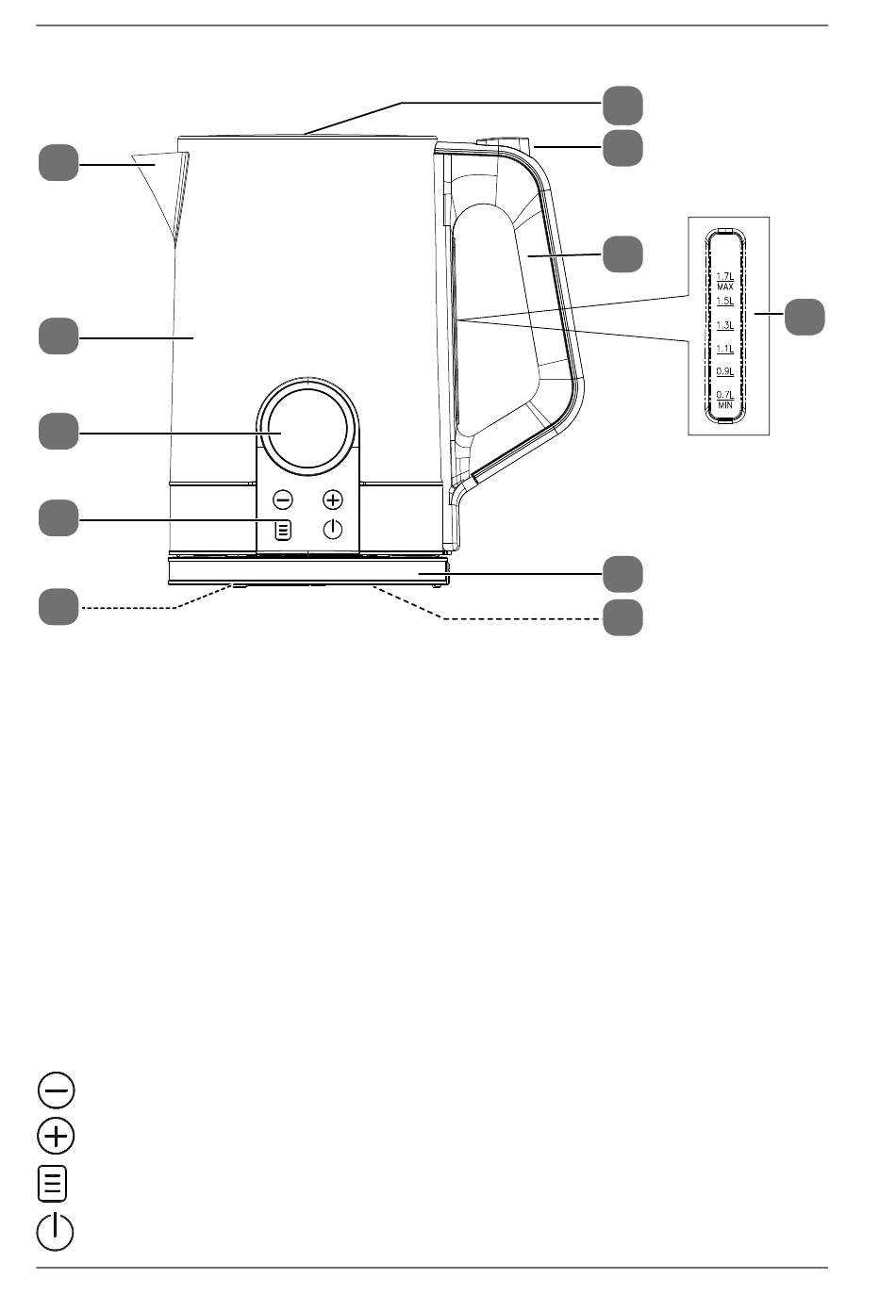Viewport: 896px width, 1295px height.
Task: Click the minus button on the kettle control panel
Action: tap(283, 500)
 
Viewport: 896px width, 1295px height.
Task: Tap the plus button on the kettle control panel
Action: tap(333, 500)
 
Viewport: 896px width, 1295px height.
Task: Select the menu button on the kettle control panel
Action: tap(283, 530)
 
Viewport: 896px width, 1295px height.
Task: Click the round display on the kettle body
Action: tap(307, 429)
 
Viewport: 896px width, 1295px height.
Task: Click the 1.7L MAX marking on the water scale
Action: tap(724, 281)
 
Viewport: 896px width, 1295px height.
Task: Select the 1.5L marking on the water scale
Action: tap(724, 302)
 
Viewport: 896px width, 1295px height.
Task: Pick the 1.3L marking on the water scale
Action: tap(724, 325)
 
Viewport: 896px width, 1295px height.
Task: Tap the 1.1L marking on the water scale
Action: tap(724, 349)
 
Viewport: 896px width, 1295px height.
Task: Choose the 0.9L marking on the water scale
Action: tap(724, 371)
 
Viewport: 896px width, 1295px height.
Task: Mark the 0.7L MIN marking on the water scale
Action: tap(724, 400)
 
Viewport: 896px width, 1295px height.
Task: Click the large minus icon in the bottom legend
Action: tap(56, 1090)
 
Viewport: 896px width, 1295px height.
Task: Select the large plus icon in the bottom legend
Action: tap(56, 1137)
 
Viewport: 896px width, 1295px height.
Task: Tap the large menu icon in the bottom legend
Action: tap(53, 1184)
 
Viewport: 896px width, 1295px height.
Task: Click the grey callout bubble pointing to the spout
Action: tap(58, 162)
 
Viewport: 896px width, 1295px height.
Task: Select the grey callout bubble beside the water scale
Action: tap(805, 317)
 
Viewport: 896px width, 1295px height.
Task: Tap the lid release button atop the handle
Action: tap(504, 142)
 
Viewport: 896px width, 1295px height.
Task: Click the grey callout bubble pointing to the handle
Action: tap(622, 254)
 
